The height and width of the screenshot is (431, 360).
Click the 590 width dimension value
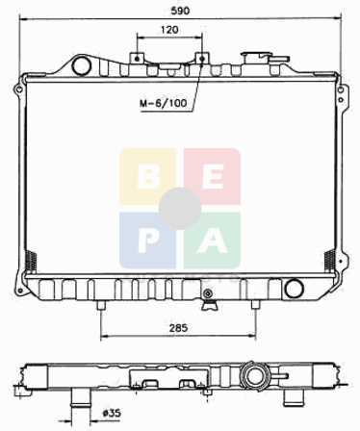click(180, 11)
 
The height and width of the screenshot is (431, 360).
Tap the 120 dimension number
click(169, 30)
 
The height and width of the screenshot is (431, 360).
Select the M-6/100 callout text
click(163, 103)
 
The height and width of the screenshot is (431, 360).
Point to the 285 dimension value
click(178, 328)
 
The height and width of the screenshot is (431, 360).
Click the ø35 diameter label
click(112, 413)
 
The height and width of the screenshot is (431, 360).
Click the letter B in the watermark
click(148, 177)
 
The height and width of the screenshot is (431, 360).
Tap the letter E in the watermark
click(214, 177)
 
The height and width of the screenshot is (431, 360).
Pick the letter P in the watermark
click(148, 241)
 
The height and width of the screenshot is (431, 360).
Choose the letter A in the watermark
click(212, 241)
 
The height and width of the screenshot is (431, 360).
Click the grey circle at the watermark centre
click(180, 209)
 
